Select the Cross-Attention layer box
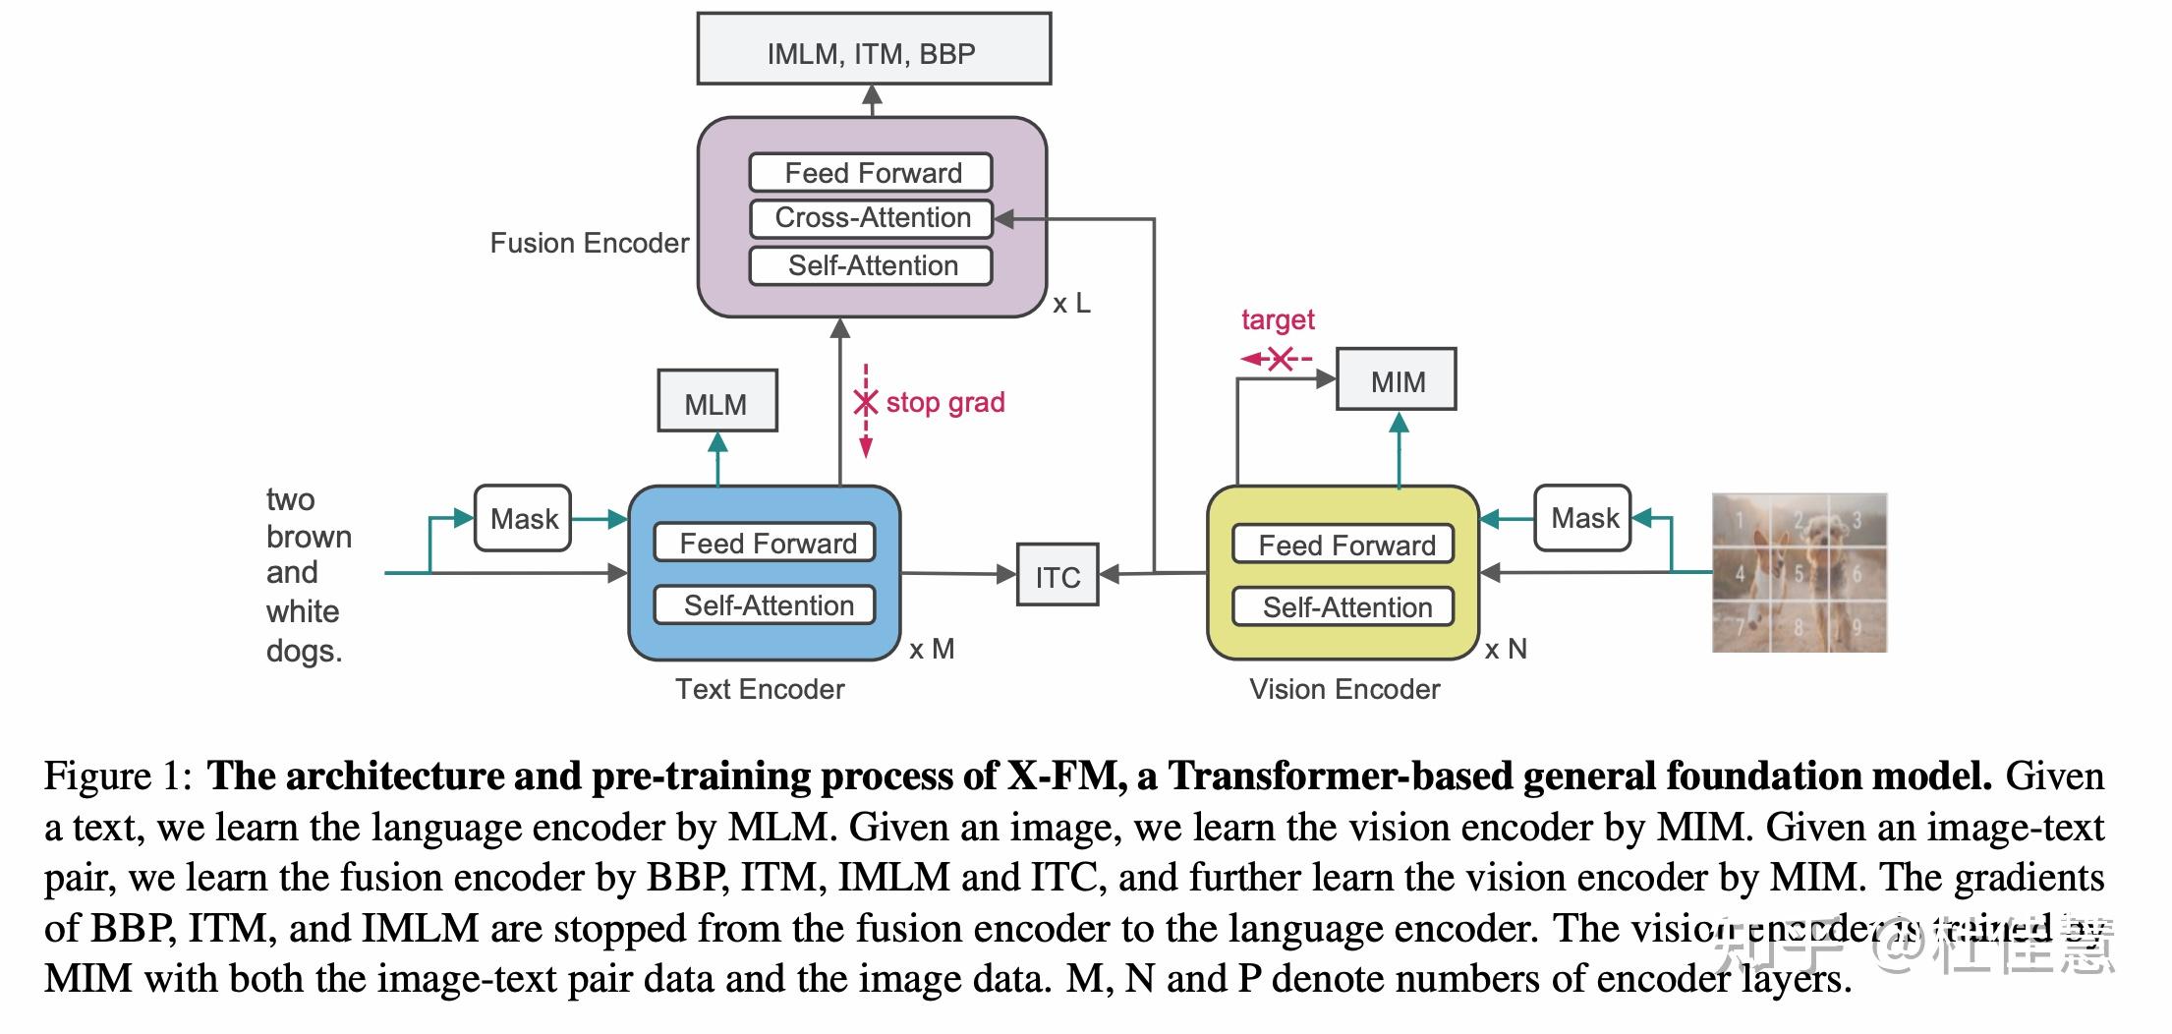click(x=871, y=218)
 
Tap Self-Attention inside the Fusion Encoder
click(x=871, y=266)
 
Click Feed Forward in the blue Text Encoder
click(x=766, y=543)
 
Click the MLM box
click(x=716, y=402)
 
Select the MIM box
click(x=1397, y=380)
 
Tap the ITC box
click(x=1057, y=576)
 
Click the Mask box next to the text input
click(x=523, y=519)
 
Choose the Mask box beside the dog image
click(x=1582, y=518)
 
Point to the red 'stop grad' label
click(x=944, y=402)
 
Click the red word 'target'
click(x=1277, y=319)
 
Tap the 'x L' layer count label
click(x=1071, y=303)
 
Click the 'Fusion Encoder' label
click(x=589, y=244)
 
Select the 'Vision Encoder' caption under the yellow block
click(x=1343, y=689)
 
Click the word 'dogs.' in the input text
click(x=304, y=651)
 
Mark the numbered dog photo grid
click(x=1799, y=573)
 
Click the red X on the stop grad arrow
click(x=865, y=402)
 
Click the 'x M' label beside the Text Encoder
click(x=931, y=649)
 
